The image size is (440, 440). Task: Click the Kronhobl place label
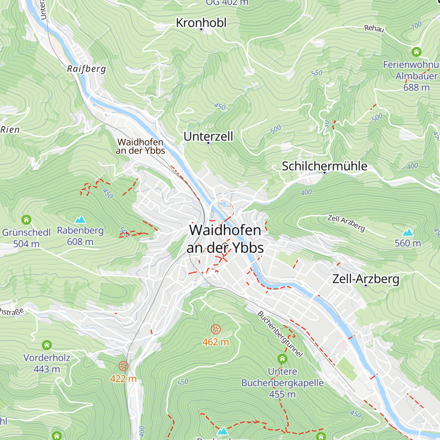click(x=201, y=23)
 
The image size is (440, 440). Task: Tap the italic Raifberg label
click(x=87, y=69)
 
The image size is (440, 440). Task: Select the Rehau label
click(x=374, y=28)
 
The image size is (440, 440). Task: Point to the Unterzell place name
click(x=208, y=136)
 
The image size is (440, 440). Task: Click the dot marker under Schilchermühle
click(x=324, y=173)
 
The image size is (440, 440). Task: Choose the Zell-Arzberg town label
click(x=366, y=279)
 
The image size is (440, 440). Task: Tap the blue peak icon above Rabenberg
click(x=80, y=220)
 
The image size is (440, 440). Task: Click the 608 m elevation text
click(x=80, y=242)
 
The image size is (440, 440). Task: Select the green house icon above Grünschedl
click(x=26, y=220)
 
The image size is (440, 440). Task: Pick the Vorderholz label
click(x=47, y=358)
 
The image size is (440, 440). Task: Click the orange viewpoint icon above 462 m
click(x=216, y=329)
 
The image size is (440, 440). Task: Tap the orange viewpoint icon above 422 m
click(x=124, y=366)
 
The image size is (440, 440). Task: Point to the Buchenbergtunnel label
click(x=280, y=334)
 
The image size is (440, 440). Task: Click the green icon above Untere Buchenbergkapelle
click(x=282, y=358)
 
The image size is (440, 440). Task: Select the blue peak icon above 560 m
click(x=408, y=232)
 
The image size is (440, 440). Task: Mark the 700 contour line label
click(x=416, y=26)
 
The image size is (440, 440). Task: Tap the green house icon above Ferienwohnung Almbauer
click(x=416, y=52)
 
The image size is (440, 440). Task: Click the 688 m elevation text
click(x=416, y=88)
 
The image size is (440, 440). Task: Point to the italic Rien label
click(x=10, y=129)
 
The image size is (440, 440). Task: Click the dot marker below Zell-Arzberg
click(x=366, y=286)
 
